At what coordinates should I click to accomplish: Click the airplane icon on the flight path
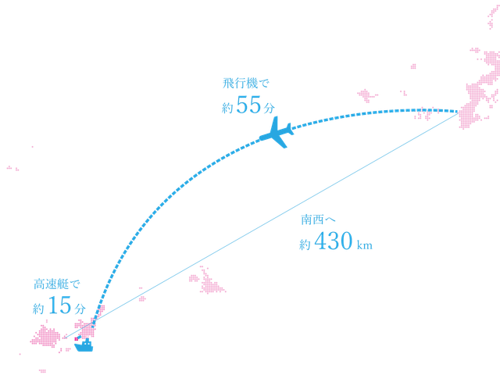click(x=277, y=134)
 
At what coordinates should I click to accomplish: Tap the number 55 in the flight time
click(x=248, y=108)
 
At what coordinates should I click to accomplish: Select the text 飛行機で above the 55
click(x=245, y=83)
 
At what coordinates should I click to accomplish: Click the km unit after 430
click(x=364, y=246)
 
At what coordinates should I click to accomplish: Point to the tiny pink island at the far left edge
click(x=12, y=168)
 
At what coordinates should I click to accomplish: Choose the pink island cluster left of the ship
click(x=45, y=338)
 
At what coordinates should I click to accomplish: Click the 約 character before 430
click(x=305, y=245)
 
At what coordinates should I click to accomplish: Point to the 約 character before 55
click(x=227, y=109)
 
